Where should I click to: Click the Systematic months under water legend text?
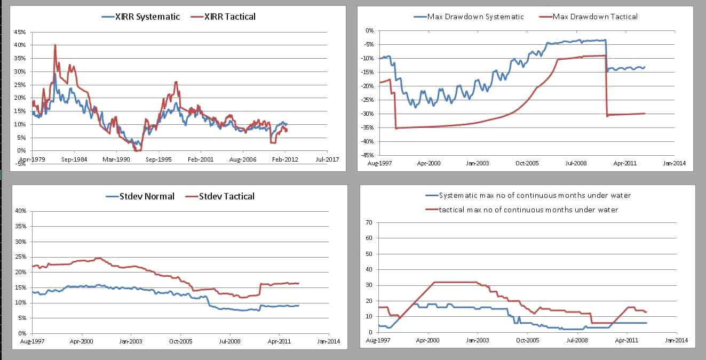[534, 196]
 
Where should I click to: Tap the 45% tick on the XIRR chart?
[19, 32]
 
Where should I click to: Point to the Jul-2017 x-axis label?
[326, 159]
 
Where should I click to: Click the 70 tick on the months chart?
[368, 222]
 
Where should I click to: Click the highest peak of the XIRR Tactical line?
[55, 45]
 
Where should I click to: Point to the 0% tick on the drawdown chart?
[369, 31]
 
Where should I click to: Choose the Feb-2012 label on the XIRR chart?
[284, 159]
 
